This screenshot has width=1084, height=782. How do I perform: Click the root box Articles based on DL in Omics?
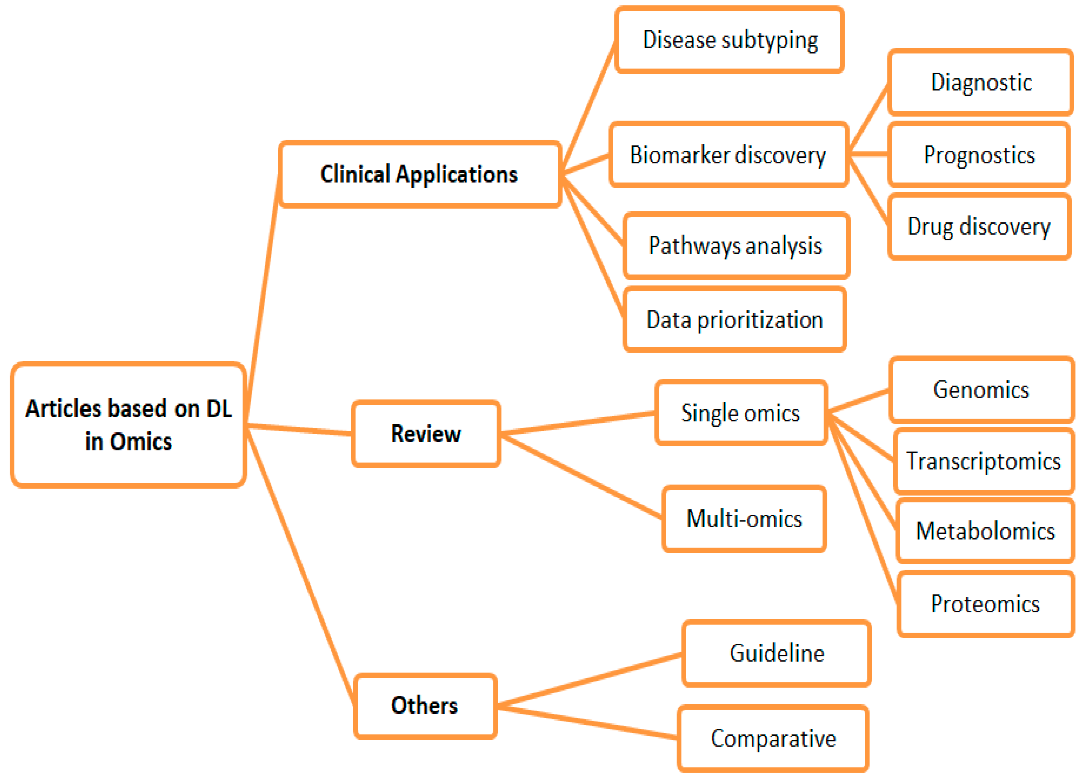128,424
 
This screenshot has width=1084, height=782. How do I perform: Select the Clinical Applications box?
419,174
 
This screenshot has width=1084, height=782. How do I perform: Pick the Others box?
425,706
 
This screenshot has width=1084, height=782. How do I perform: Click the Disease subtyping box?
729,40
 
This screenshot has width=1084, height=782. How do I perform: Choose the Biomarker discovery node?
728,155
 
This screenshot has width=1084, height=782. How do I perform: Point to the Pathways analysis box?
736,246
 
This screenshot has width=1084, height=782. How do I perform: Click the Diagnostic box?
981,82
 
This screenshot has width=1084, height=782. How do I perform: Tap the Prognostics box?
979,155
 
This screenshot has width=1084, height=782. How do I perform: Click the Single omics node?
741,413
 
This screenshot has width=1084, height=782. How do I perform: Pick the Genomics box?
981,389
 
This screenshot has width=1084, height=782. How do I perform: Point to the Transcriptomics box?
984,461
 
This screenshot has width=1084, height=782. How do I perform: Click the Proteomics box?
985,604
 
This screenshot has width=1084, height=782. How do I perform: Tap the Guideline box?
777,653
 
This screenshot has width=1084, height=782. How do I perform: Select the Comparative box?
773,738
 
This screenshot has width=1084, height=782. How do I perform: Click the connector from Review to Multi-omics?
581,476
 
